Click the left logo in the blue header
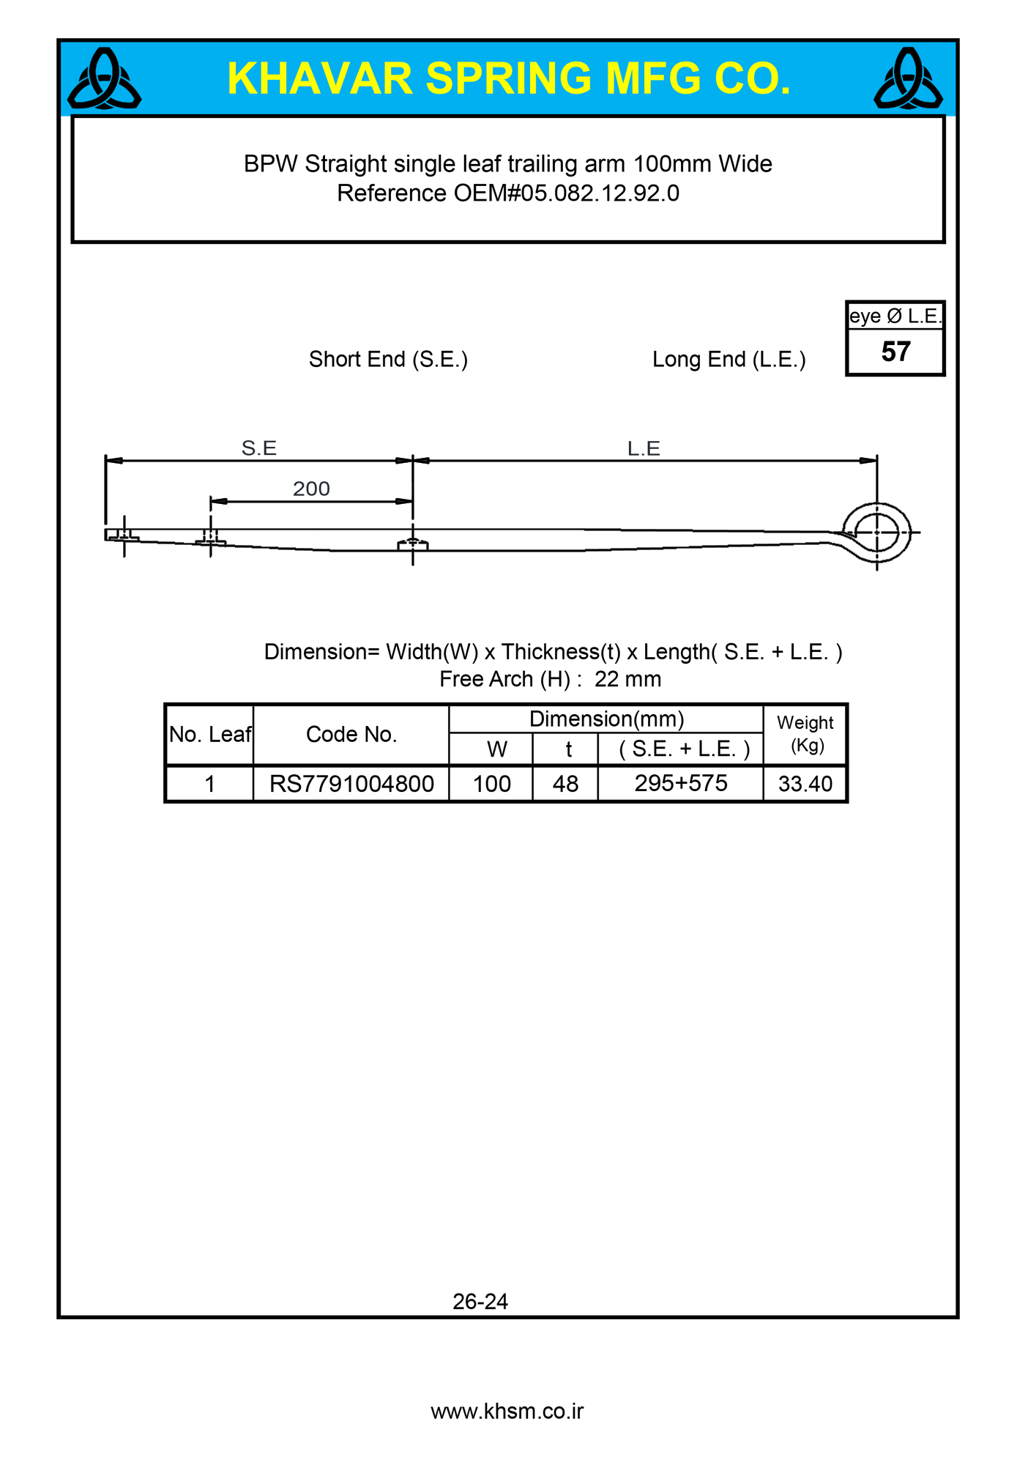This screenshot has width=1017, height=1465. click(x=104, y=79)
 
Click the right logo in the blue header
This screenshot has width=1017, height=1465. click(x=908, y=79)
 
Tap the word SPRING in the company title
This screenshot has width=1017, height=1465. click(x=508, y=78)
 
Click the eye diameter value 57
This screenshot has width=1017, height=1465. click(x=895, y=352)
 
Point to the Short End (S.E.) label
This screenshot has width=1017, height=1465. click(x=388, y=360)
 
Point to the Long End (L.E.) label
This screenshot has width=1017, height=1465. click(x=729, y=360)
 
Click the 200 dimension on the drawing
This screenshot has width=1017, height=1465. click(x=311, y=489)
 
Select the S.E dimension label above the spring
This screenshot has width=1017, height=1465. click(x=259, y=448)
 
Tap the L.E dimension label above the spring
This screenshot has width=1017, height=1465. click(x=644, y=448)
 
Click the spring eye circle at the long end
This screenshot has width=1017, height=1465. click(x=876, y=533)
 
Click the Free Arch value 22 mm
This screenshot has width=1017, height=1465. click(x=627, y=679)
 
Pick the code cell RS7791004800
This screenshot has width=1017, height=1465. click(x=351, y=784)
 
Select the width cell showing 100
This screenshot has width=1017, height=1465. click(x=491, y=784)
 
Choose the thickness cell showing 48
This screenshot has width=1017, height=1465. click(x=565, y=784)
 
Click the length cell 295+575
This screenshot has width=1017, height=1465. click(x=681, y=783)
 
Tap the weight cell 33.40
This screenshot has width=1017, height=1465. click(x=805, y=784)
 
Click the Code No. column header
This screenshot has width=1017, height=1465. click(x=351, y=735)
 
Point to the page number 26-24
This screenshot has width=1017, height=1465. click(x=480, y=1301)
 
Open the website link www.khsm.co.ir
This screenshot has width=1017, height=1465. click(x=507, y=1411)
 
